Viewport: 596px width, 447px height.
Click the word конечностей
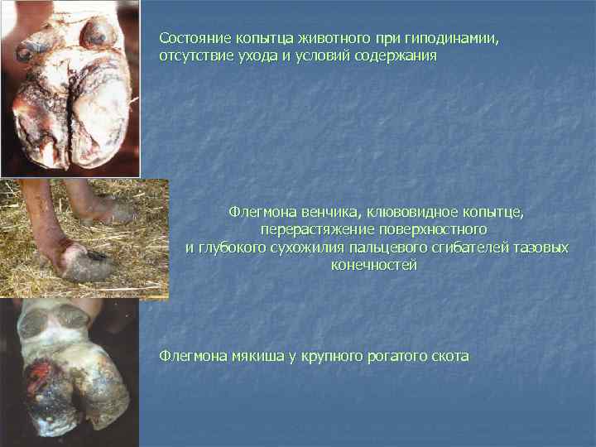pos(374,266)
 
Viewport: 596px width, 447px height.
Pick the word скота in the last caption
pos(450,357)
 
